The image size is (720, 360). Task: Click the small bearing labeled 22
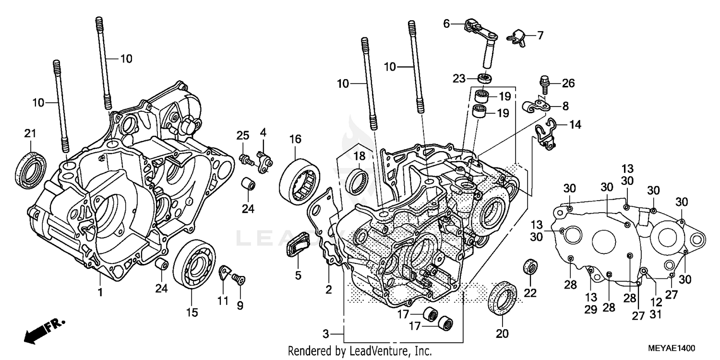[x=531, y=266]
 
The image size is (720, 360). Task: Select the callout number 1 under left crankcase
[x=100, y=292]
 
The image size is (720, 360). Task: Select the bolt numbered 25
[x=246, y=158]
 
